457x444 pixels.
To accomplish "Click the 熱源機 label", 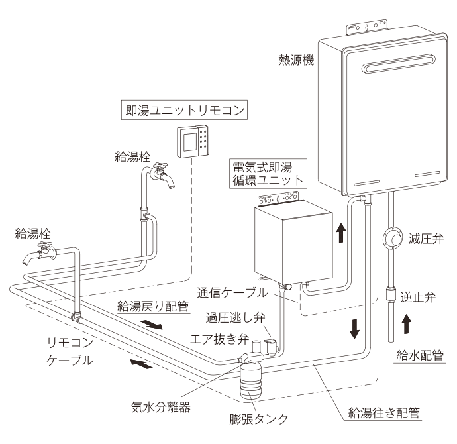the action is [x=296, y=60].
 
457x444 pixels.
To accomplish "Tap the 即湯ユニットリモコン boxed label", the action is [x=184, y=110].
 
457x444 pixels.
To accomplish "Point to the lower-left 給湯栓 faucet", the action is [x=39, y=253].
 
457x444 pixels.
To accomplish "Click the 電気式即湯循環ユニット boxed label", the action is [x=268, y=174].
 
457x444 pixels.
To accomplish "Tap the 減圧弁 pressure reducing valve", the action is [x=392, y=239].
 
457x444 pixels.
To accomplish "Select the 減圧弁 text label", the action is [x=426, y=239].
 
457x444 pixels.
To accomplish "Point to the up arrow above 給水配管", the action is [x=406, y=325].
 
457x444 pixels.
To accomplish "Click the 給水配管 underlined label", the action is [x=420, y=355].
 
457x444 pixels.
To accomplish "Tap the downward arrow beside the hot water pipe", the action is [x=354, y=329].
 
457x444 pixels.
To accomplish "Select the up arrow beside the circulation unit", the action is [x=340, y=233].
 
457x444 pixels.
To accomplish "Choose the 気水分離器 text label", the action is [x=160, y=408].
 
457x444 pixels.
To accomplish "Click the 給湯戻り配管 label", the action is [x=153, y=306].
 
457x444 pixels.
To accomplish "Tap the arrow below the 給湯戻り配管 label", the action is [x=151, y=324].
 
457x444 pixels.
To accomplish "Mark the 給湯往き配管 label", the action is [x=384, y=413].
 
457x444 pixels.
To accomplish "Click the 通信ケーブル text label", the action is [x=232, y=292].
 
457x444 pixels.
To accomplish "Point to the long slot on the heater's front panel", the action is [x=399, y=64].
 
